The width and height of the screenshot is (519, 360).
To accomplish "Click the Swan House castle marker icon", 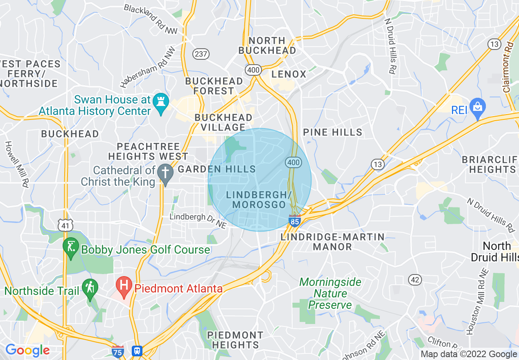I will point(158,100).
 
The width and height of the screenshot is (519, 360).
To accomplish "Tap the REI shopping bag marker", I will point(477,107).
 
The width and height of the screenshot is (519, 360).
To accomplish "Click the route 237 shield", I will point(201,54).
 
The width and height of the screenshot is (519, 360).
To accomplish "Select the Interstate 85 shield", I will point(295,221).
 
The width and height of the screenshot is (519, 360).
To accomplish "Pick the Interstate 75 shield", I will point(118,351).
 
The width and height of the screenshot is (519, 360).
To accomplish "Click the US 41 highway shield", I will point(65,225).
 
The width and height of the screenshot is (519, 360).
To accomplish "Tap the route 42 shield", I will point(415,280).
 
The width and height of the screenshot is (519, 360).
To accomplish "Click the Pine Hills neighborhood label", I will point(332,132).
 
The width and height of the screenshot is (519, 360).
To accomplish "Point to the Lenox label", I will point(289,74).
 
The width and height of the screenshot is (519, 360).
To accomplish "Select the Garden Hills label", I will point(217,169).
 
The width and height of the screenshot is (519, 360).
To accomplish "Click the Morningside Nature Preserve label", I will point(330,293).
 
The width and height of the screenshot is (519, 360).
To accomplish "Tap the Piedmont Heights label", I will point(235,340).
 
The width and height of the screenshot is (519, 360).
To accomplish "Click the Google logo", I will point(27,350).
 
